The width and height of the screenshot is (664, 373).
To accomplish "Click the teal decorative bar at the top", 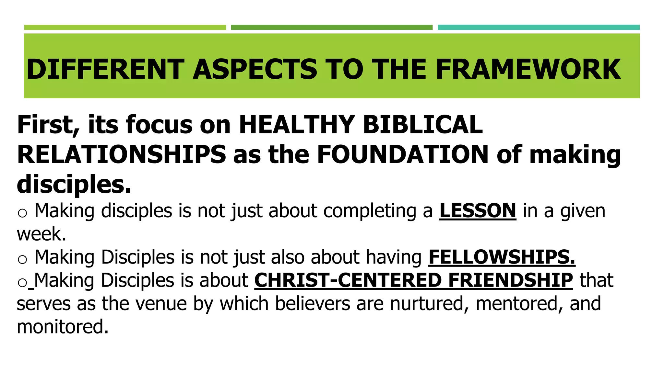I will pyautogui.click(x=539, y=28).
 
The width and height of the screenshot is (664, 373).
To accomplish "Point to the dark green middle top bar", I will pyautogui.click(x=331, y=28).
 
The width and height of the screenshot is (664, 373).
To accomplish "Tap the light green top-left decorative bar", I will pyautogui.click(x=125, y=28).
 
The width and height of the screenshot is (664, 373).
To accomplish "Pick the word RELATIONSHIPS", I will pyautogui.click(x=122, y=154).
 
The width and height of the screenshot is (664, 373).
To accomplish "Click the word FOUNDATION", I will pyautogui.click(x=402, y=154).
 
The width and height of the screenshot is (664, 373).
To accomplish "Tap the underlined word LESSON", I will pyautogui.click(x=478, y=211).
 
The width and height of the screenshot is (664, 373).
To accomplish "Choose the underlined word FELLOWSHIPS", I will pyautogui.click(x=502, y=257).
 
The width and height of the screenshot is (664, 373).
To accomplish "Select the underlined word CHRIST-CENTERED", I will pyautogui.click(x=347, y=280).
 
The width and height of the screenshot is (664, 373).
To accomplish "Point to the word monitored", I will pyautogui.click(x=63, y=327).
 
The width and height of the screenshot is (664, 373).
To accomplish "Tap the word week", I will pyautogui.click(x=41, y=234).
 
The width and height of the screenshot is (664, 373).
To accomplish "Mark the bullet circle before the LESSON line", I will pyautogui.click(x=22, y=213).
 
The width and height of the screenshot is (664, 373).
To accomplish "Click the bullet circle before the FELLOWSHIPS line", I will pyautogui.click(x=22, y=259).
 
